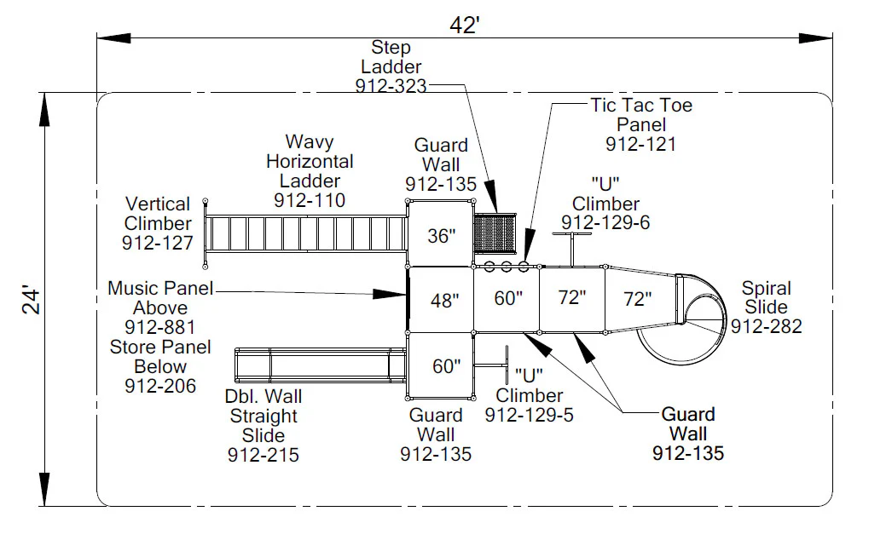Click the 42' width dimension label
click(464, 25)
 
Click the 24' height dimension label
click(31, 301)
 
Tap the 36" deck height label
click(442, 235)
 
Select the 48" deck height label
click(444, 300)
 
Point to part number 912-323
click(391, 86)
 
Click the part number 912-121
click(640, 144)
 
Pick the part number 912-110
click(310, 200)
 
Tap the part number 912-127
click(158, 243)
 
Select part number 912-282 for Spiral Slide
click(767, 326)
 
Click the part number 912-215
click(264, 455)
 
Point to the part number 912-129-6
click(605, 222)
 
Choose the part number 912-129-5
click(529, 415)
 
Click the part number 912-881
click(159, 327)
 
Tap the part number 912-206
click(160, 386)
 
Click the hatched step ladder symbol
click(495, 233)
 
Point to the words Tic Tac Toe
click(641, 105)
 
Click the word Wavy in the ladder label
click(310, 141)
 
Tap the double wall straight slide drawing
click(321, 365)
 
